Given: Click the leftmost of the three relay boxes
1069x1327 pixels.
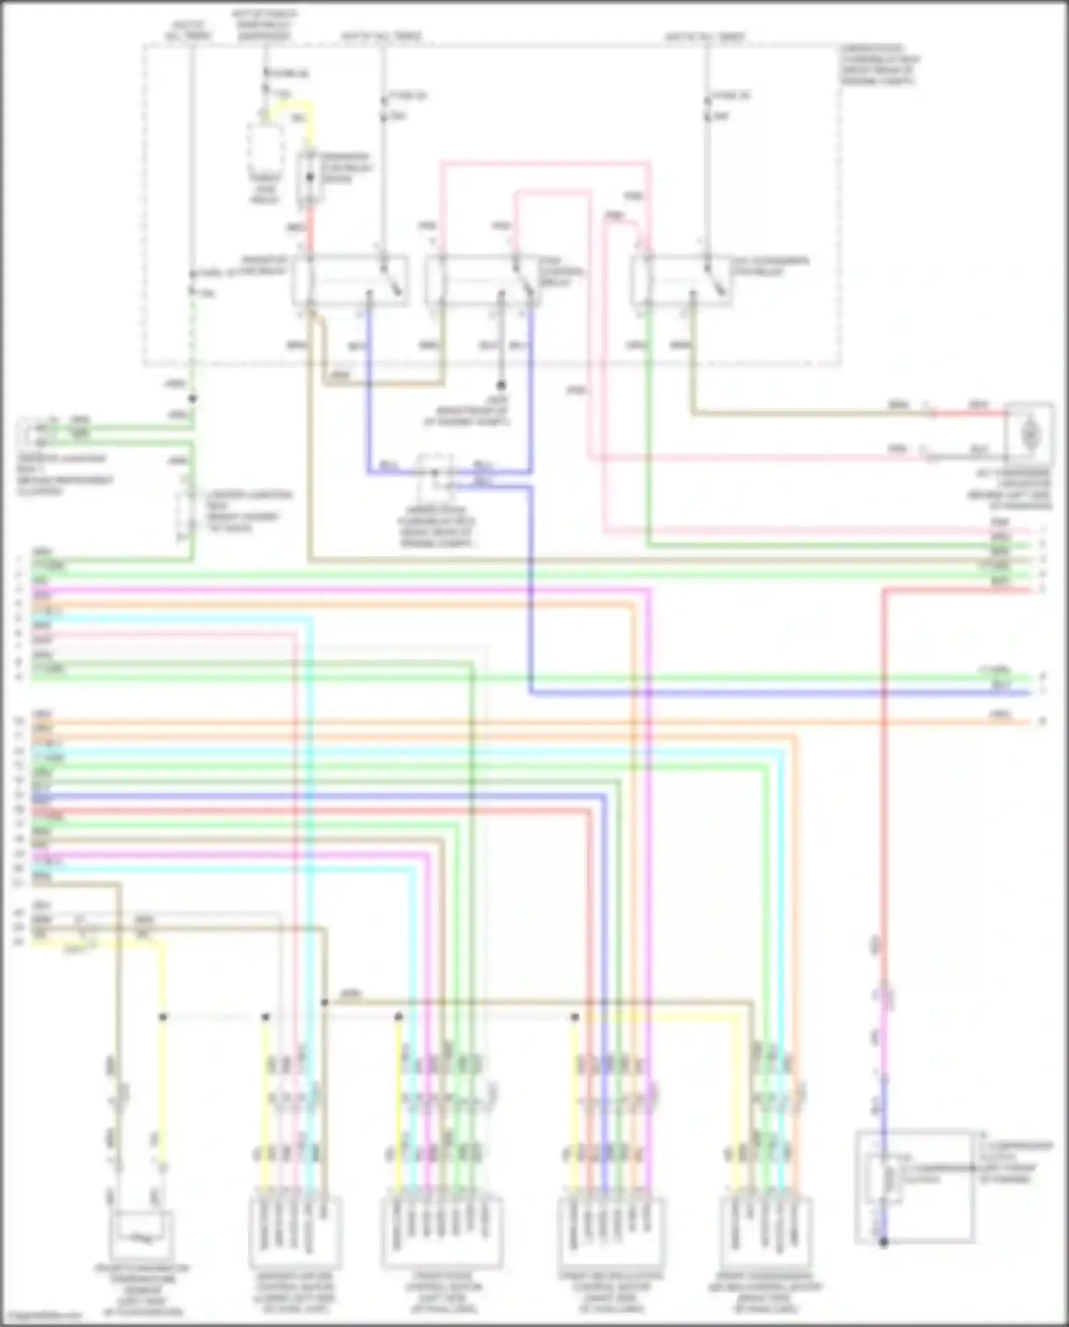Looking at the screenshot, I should coord(349,280).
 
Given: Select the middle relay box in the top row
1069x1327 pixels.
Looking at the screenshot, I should coord(481,280).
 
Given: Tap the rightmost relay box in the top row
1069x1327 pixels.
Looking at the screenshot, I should coord(681,280).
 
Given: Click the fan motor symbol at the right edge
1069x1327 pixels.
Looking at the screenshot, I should coord(1029,433).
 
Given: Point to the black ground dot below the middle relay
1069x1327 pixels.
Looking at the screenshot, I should coord(501,384).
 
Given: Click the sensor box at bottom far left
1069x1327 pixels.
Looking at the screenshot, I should coord(141,1235).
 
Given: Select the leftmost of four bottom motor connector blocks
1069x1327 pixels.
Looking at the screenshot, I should coord(295,1232).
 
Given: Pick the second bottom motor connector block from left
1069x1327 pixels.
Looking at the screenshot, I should coord(443,1232).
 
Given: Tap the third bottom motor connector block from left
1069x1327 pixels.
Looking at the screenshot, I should coord(611,1232).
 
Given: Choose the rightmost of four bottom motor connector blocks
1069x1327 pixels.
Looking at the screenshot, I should coord(766,1232).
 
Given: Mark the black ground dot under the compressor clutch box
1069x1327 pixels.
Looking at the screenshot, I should coord(883,1243).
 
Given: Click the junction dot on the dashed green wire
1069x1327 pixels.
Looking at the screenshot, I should coord(192,399).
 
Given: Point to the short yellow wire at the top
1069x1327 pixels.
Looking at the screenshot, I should coord(292,108).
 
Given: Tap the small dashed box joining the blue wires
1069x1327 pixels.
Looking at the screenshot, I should coord(435,472).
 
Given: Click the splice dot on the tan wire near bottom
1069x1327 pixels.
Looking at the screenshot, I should coord(324,1003).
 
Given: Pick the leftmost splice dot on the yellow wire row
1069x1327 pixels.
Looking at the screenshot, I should coord(162,1017).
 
